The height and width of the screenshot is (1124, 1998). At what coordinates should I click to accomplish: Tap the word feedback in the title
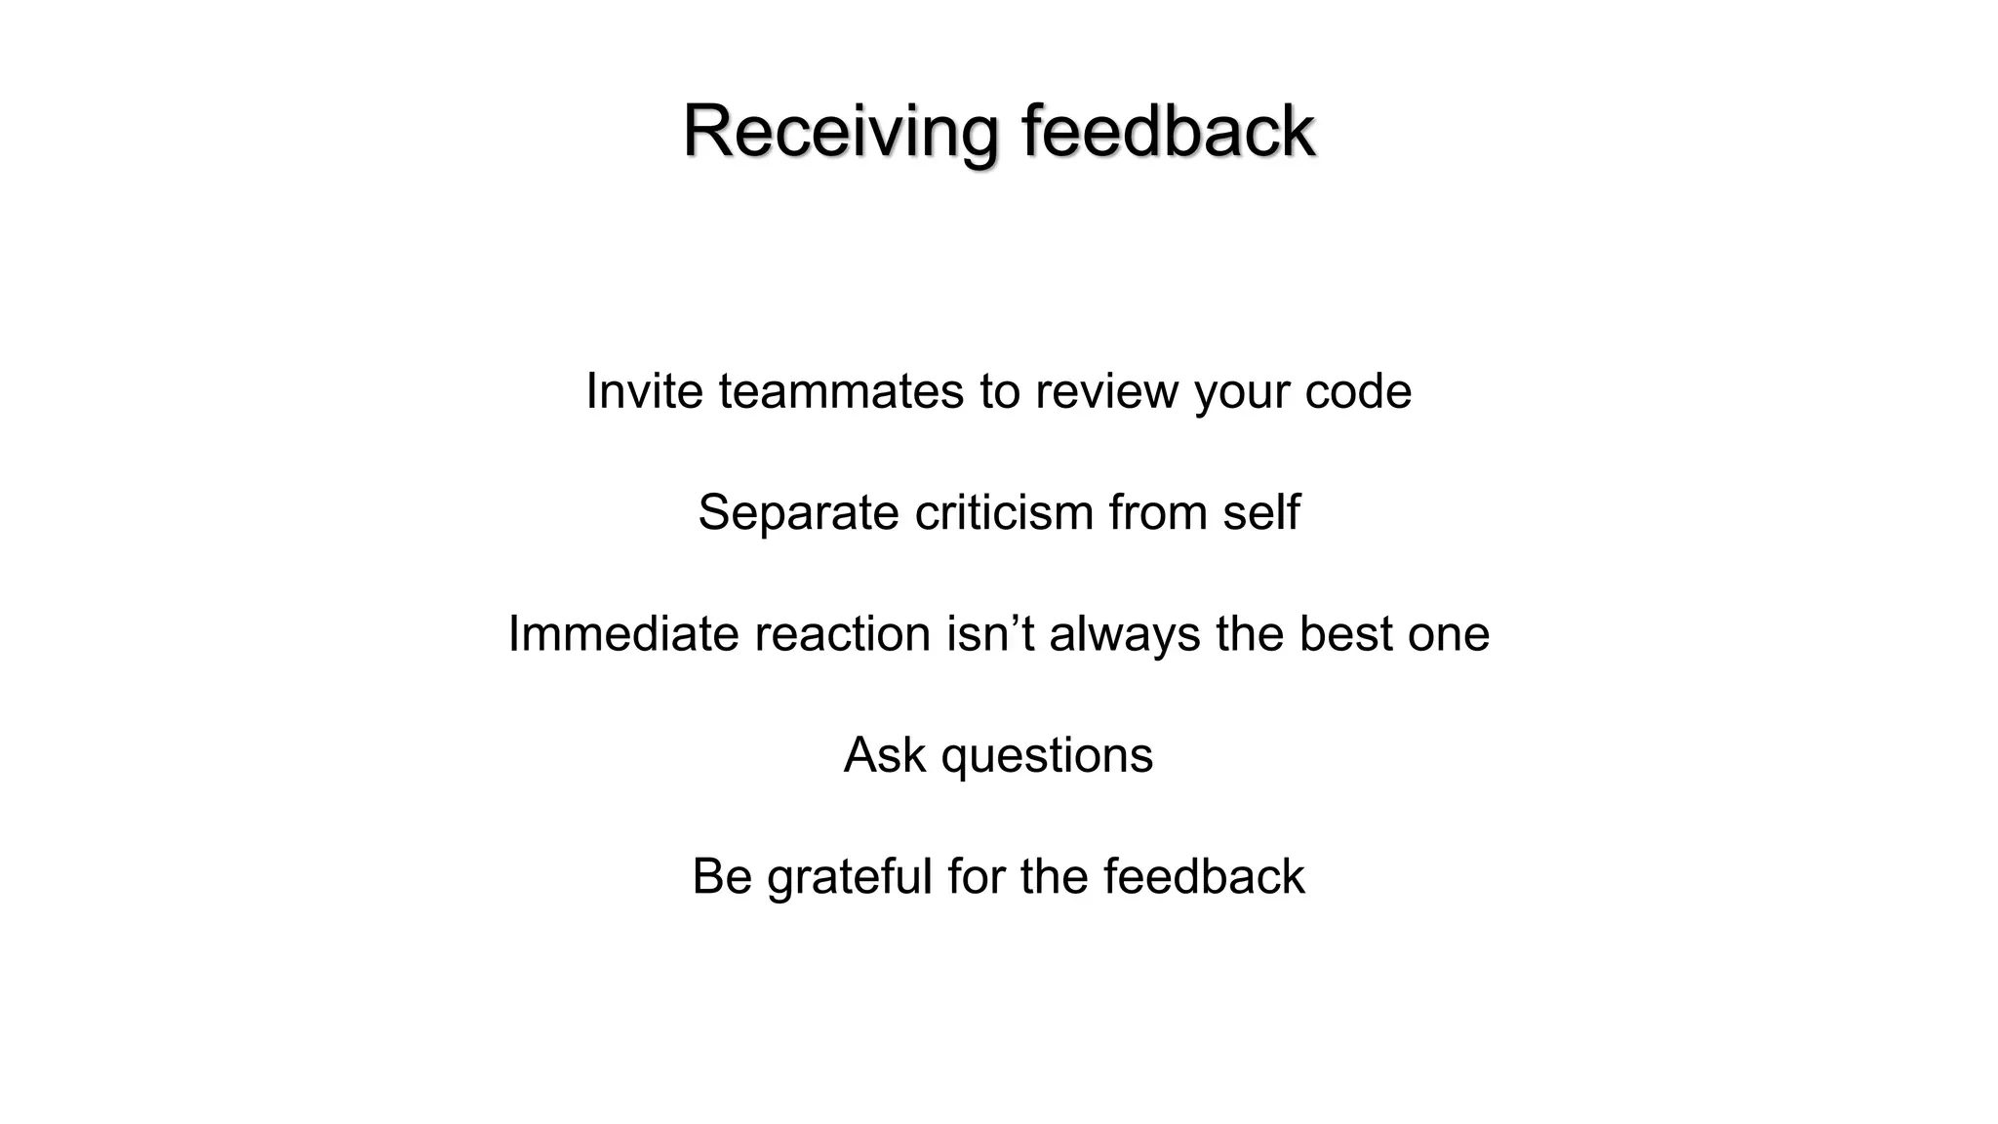(1168, 131)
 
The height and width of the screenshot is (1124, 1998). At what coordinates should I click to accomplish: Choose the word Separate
(798, 512)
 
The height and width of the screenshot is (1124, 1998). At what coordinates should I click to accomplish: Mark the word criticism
(1004, 512)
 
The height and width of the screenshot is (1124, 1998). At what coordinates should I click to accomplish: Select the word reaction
(842, 634)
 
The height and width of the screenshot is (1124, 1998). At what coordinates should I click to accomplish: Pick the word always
(1125, 634)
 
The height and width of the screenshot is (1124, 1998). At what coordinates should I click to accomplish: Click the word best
(1345, 634)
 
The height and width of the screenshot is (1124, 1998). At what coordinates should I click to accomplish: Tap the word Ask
(884, 755)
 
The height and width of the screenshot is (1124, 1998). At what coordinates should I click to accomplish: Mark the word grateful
(849, 876)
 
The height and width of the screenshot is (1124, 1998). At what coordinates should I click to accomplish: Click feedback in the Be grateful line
(1204, 876)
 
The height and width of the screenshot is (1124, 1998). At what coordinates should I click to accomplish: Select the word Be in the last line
(722, 876)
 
